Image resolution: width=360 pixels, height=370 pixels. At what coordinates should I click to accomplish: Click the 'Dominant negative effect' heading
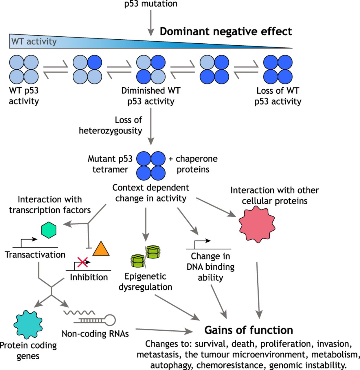[x=226, y=31]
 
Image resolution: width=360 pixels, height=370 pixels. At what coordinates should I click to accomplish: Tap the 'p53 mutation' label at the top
[x=151, y=4]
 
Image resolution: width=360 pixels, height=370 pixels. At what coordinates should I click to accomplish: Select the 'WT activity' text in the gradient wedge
[x=34, y=41]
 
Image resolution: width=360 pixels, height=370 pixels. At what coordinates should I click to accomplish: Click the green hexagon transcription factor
[x=49, y=230]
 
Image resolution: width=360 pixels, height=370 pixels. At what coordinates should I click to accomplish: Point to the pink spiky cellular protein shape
[x=257, y=224]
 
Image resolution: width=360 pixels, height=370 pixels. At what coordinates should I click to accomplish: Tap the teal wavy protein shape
[x=28, y=324]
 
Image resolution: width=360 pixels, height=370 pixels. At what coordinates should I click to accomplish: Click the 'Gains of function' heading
[x=249, y=330]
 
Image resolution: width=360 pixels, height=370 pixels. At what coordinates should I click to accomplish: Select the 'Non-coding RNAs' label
[x=95, y=334]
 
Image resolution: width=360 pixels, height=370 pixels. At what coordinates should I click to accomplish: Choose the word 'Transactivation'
[x=35, y=255]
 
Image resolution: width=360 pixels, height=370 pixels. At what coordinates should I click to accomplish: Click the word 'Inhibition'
[x=89, y=277]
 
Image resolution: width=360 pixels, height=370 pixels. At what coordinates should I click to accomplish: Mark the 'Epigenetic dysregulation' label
[x=145, y=282]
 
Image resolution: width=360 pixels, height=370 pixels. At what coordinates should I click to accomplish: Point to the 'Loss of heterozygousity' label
[x=111, y=125]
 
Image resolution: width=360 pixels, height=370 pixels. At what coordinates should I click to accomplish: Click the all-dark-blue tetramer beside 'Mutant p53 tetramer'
[x=151, y=166]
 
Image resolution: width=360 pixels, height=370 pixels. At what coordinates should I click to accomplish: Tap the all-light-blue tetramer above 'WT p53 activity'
[x=24, y=70]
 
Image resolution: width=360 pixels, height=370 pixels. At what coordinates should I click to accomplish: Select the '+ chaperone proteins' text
[x=193, y=164]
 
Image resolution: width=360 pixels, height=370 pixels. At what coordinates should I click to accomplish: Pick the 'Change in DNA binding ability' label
[x=210, y=267]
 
